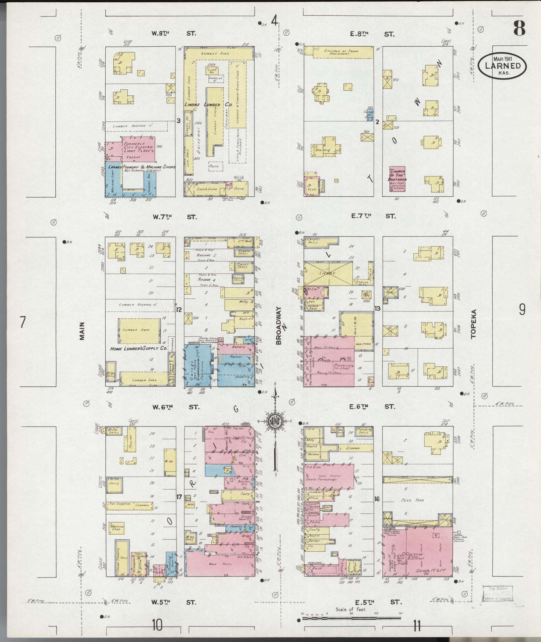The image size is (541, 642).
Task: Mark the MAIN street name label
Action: [82, 331]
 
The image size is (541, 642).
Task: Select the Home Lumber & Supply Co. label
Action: [139, 349]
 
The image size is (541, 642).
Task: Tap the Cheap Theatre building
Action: [120, 556]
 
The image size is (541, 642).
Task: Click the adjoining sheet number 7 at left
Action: [22, 322]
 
